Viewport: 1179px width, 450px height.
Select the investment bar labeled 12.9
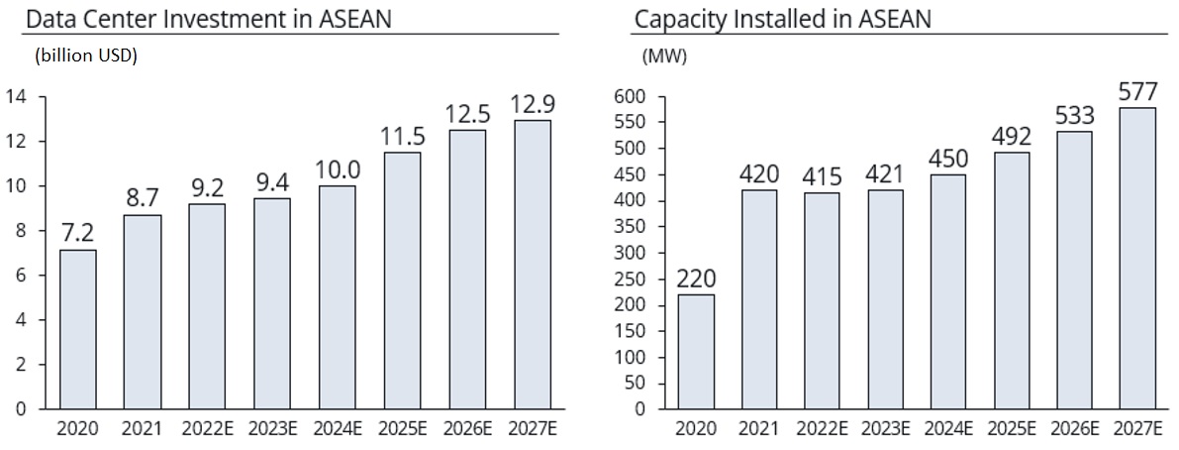(533, 265)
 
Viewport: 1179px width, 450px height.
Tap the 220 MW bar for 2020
(696, 352)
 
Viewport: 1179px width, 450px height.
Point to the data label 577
(1137, 90)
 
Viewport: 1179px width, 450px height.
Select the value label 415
(822, 176)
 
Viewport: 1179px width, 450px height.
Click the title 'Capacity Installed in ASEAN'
(783, 19)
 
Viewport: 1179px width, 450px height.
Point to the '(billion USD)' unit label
(85, 56)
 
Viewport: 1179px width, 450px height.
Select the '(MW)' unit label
(664, 56)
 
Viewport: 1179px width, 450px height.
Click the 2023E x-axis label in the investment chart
(273, 429)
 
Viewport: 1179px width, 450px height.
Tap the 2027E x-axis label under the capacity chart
(1137, 429)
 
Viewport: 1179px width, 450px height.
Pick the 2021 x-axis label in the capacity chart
(759, 429)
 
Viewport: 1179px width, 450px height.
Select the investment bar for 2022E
(208, 306)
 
